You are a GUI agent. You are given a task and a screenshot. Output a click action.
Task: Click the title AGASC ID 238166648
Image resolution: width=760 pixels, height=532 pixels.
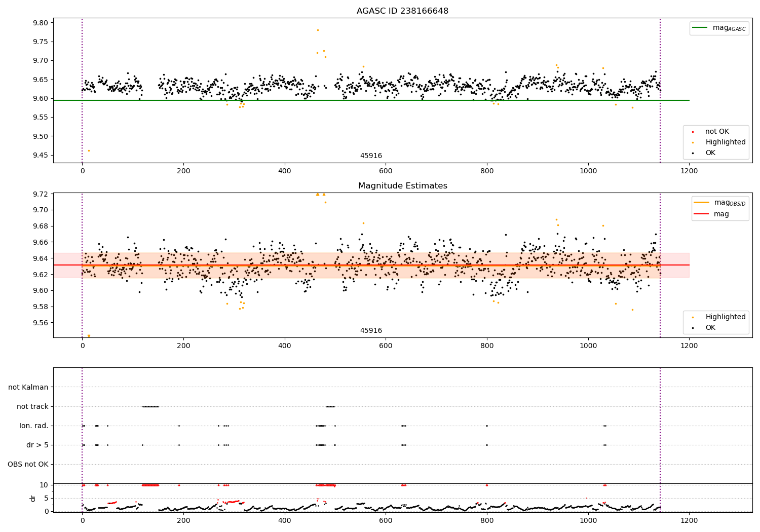tap(402, 11)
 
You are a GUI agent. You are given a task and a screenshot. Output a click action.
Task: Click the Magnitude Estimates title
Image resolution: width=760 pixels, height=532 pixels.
tap(402, 186)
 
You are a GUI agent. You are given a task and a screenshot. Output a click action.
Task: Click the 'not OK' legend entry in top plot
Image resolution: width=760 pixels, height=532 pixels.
tap(717, 132)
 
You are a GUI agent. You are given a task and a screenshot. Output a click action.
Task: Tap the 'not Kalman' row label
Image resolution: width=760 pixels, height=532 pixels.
tap(28, 387)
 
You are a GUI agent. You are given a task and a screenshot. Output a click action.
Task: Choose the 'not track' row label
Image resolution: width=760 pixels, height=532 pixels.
tap(32, 406)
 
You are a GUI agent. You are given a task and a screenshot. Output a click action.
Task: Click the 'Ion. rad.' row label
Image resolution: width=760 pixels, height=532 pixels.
tap(34, 426)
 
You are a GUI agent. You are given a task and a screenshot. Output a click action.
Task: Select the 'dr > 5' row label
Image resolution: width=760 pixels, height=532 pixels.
tap(37, 445)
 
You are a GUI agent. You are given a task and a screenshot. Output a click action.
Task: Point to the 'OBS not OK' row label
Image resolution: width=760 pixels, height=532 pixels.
tap(28, 464)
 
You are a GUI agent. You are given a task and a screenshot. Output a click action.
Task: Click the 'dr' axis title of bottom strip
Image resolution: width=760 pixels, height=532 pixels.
tap(33, 498)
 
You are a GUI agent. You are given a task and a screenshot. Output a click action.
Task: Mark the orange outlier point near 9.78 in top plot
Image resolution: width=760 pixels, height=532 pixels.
tap(318, 30)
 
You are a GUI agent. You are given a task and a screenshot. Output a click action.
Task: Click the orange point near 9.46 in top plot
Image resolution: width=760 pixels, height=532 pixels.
tap(89, 150)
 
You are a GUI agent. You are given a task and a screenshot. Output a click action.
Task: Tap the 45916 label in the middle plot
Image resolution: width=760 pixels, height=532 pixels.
tap(371, 331)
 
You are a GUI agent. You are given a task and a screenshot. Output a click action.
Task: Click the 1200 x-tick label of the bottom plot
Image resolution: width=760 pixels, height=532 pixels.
tap(689, 521)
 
